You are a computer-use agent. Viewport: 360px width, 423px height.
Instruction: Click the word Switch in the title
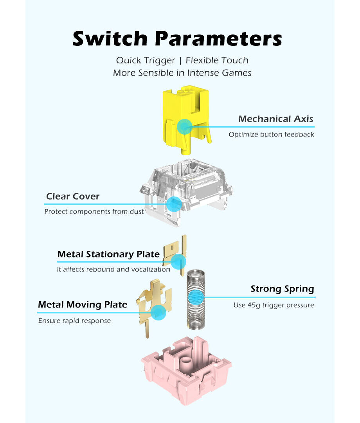110,39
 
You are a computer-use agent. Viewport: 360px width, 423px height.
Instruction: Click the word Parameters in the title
218,39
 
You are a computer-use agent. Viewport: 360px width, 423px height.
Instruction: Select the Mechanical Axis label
275,119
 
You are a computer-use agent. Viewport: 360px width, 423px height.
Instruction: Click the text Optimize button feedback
271,135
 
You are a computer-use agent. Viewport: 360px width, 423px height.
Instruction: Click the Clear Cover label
73,196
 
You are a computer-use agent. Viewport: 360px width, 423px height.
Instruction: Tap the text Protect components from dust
94,212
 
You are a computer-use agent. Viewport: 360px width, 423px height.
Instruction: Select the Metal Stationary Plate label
108,254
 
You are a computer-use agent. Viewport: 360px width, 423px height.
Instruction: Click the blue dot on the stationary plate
178,261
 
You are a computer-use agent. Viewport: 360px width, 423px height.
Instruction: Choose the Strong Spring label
282,289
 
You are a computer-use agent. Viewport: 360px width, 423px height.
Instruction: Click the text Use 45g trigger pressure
274,305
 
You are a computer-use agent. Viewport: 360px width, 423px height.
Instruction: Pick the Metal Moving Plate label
83,304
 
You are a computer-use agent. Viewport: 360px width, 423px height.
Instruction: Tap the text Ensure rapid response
74,321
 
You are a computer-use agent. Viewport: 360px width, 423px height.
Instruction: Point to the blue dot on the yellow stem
184,127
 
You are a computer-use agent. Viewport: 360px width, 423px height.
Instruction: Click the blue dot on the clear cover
174,204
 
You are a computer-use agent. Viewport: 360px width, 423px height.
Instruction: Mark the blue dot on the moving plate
158,313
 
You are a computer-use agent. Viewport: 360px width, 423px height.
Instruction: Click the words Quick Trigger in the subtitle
146,60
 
